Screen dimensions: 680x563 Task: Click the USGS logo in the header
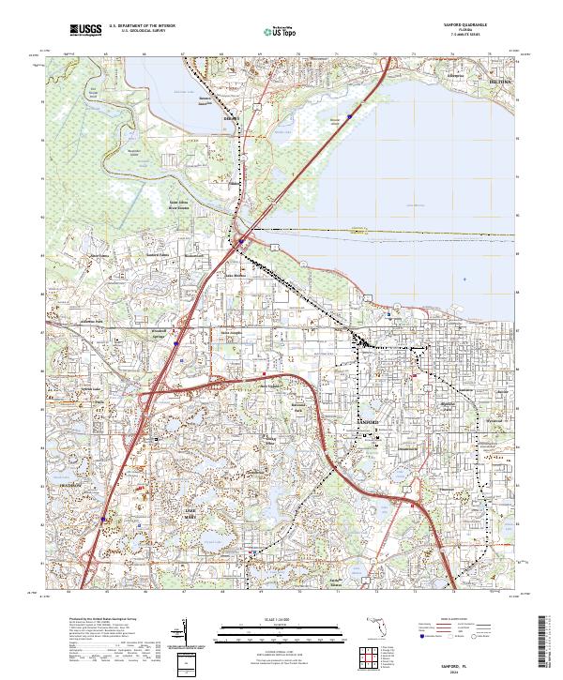85,30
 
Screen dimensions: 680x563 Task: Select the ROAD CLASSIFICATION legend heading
450,620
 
